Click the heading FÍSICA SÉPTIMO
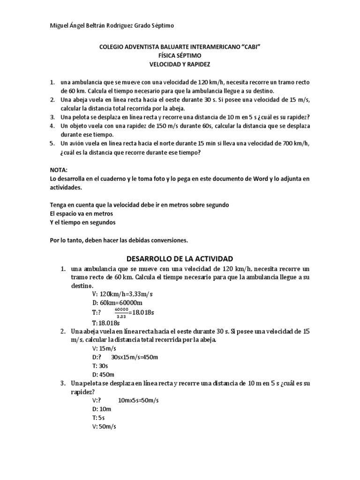click(x=180, y=55)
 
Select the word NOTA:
click(x=59, y=170)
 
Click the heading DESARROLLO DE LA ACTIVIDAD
click(x=180, y=259)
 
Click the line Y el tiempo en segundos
click(x=82, y=222)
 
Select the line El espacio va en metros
click(x=81, y=214)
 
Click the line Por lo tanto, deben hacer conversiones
click(x=119, y=240)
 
